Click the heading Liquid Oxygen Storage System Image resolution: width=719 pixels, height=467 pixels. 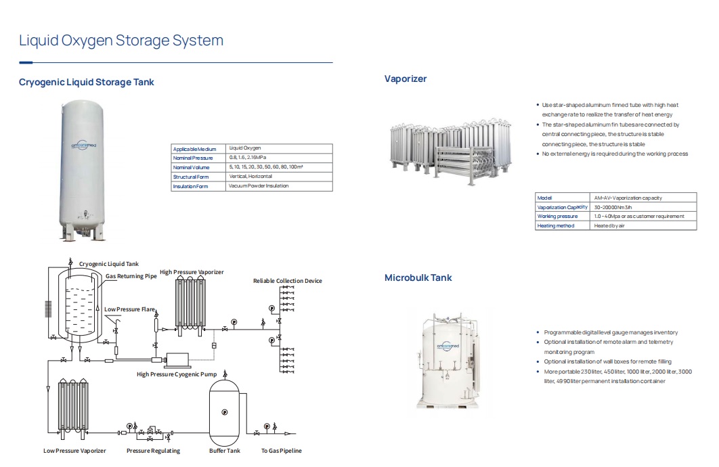[121, 41]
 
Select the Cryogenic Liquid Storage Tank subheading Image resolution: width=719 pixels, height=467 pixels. [87, 83]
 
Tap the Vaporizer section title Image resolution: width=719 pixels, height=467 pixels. [406, 79]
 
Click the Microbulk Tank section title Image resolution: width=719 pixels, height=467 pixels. [418, 277]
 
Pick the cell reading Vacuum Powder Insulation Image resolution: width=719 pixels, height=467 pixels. [259, 186]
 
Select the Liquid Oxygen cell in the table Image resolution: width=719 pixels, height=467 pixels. [244, 148]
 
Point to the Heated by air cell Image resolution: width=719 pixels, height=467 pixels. [609, 225]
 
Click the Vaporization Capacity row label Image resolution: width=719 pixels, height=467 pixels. [562, 207]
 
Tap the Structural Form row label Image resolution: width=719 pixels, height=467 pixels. [191, 177]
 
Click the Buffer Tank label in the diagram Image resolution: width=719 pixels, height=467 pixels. [225, 451]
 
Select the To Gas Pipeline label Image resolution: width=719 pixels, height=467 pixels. [282, 451]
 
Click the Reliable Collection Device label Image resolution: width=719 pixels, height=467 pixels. [288, 281]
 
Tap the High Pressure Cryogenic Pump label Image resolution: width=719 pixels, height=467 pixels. [177, 374]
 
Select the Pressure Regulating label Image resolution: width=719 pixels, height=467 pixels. [154, 451]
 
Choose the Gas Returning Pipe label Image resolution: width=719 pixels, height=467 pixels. [131, 276]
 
